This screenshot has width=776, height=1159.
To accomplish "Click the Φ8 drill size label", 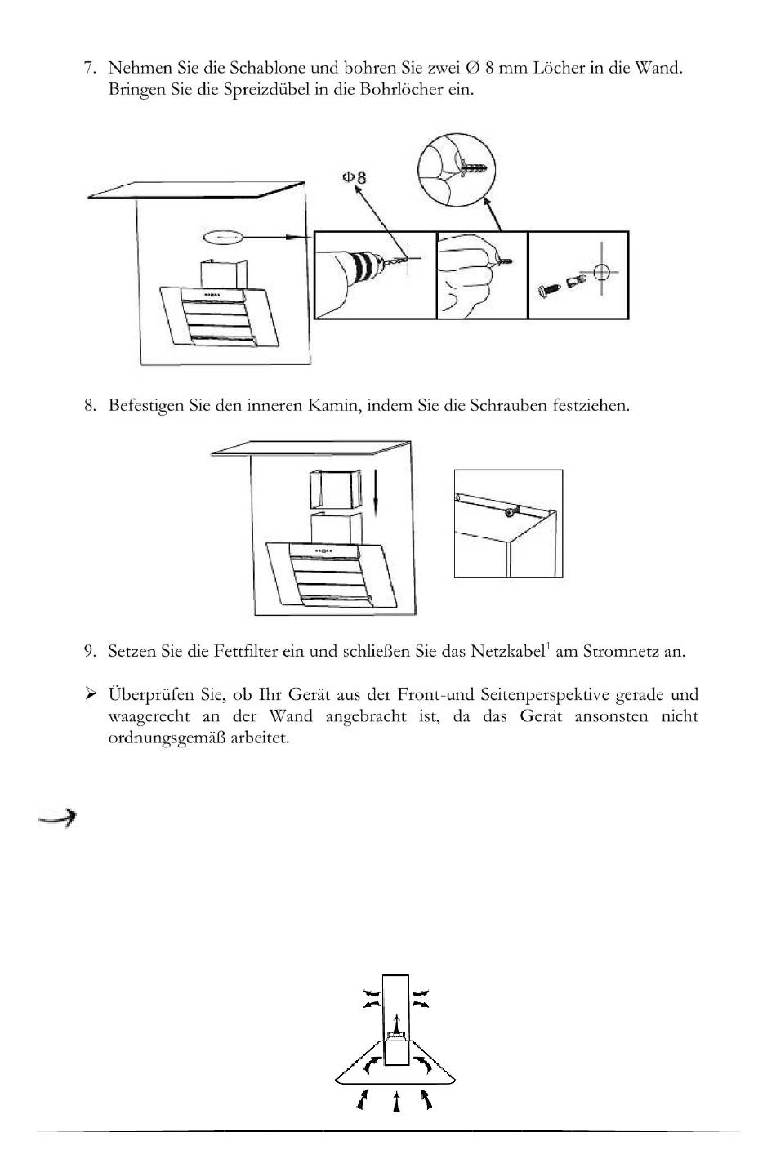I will click(354, 176).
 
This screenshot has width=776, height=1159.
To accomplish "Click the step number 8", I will click(89, 406).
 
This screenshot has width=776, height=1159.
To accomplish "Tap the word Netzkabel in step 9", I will click(506, 652).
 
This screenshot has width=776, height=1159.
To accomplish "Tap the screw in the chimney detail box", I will click(511, 512).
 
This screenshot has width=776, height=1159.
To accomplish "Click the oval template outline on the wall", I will click(223, 237).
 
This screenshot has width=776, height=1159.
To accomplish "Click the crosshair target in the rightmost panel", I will click(601, 272).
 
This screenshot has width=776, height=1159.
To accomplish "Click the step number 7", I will click(89, 68).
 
